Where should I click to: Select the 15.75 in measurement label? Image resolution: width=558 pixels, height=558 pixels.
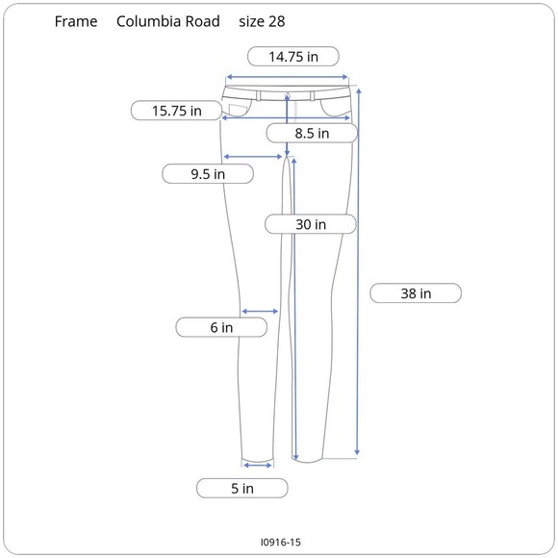176,111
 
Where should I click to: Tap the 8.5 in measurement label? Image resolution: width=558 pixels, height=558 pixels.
312,134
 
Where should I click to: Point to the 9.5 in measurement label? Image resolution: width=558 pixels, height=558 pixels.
208,174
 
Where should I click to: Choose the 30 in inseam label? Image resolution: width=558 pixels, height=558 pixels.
311,224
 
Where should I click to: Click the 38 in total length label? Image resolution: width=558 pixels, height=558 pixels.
416,293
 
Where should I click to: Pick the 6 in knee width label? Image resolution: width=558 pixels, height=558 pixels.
221,328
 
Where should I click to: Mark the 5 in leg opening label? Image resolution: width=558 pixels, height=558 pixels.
242,488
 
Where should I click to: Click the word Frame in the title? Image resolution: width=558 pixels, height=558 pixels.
76,21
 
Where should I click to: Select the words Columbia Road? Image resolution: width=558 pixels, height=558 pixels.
168,21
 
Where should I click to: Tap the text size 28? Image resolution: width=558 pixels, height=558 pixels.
261,21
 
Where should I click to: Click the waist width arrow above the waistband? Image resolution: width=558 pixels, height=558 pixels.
287,79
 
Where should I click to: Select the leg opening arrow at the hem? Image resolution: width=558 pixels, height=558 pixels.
258,465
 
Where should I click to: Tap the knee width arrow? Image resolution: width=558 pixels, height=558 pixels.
260,311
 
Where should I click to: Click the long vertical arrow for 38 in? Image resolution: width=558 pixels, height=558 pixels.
358,269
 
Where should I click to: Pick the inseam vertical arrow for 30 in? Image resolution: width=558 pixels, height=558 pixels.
294,308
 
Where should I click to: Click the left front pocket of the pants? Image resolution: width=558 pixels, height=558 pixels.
237,104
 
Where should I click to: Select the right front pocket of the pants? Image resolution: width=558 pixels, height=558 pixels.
338,104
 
